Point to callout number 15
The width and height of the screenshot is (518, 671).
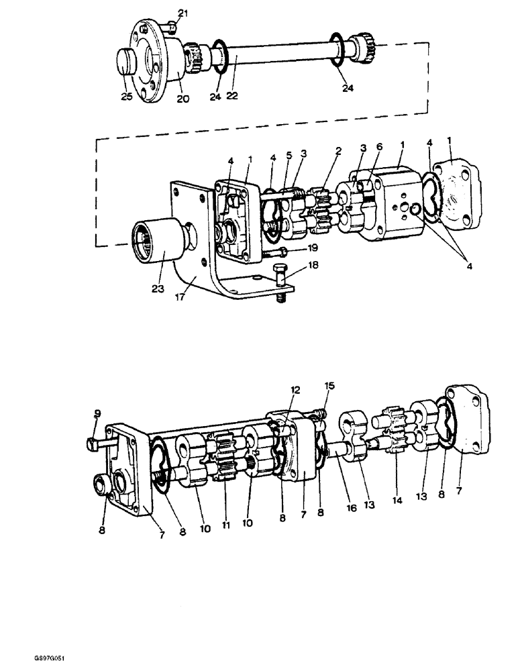[329, 386]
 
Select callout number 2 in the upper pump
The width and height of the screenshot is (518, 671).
[339, 152]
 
